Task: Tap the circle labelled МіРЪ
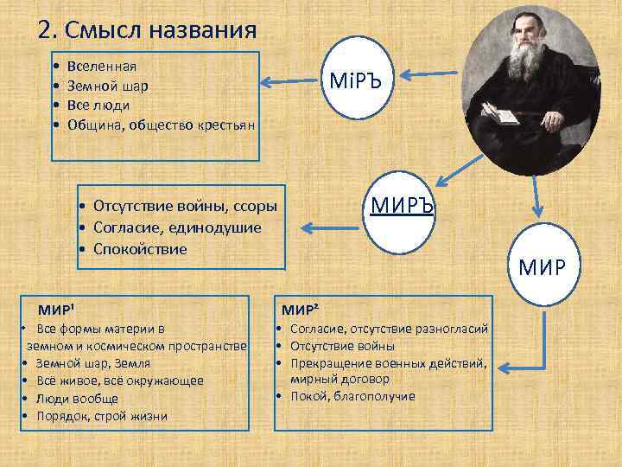[357, 83]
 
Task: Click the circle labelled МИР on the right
[542, 265]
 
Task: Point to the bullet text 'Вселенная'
[99, 67]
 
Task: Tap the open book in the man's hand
[498, 112]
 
